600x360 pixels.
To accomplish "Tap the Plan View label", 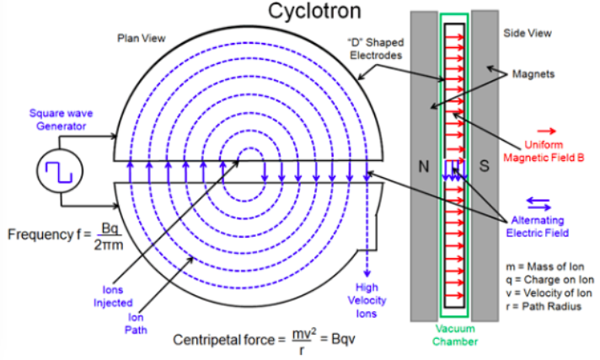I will (142, 38).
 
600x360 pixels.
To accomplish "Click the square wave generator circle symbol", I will (56, 171).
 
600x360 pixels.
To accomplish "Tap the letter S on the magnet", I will (485, 166).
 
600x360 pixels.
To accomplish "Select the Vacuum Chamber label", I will (455, 336).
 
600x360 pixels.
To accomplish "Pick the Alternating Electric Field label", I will (540, 226).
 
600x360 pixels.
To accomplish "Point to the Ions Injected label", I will (117, 296).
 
